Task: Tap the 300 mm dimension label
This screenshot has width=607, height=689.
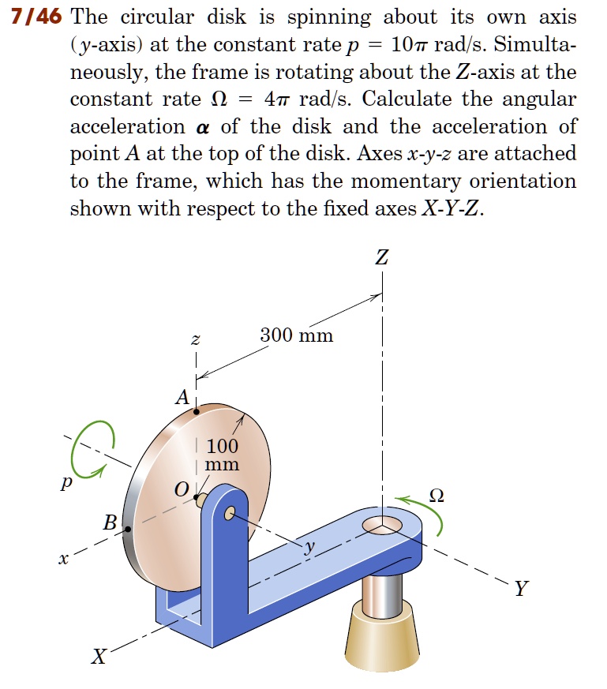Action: [x=297, y=336]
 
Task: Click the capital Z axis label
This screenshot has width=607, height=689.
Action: [x=382, y=257]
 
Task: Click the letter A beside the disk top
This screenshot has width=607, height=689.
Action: [x=181, y=398]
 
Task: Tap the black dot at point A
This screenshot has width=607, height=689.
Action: [x=197, y=410]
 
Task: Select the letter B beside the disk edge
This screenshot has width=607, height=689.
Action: [x=110, y=522]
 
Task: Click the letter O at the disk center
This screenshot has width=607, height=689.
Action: [x=181, y=491]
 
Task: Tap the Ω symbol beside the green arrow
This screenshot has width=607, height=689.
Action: [x=436, y=496]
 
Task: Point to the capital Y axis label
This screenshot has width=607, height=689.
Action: [x=519, y=588]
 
